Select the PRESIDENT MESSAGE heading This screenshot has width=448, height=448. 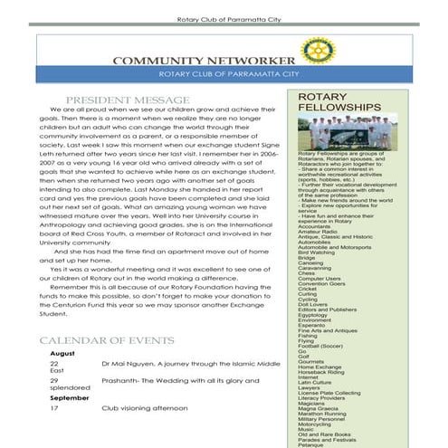click(x=128, y=100)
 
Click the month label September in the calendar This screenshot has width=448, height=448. click(x=70, y=397)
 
